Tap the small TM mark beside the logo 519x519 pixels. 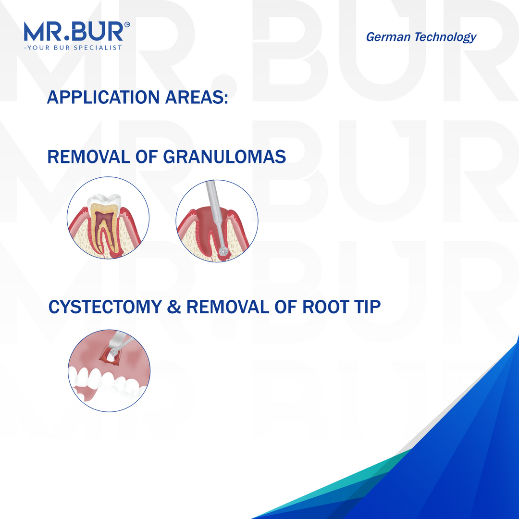[127, 25]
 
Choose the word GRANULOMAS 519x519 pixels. [224, 157]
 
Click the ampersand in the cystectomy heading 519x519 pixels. [174, 308]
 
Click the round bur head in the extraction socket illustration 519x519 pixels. [223, 251]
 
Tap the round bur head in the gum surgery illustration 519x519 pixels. [112, 352]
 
